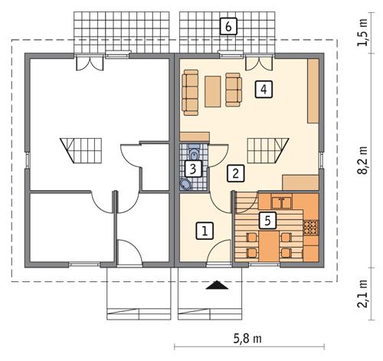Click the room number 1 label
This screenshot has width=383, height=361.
(x=204, y=229)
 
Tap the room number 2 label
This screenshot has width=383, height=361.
(x=237, y=173)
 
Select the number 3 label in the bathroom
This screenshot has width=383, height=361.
(x=195, y=168)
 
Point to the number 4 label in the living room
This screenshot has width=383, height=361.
(x=264, y=90)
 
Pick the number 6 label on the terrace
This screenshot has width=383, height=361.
(x=227, y=25)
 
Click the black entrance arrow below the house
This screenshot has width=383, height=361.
(x=218, y=287)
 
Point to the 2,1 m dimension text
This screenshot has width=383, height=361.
(x=363, y=294)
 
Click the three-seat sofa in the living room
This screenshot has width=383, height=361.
(x=190, y=91)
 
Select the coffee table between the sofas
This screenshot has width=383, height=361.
(x=213, y=91)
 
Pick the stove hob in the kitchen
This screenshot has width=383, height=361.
(x=311, y=228)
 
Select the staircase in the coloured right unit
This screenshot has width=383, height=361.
(x=267, y=146)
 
